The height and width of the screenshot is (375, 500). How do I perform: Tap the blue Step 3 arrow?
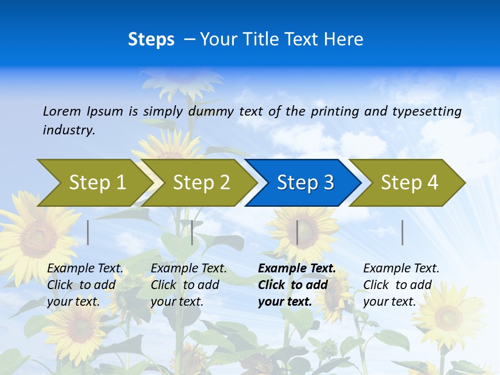(305, 183)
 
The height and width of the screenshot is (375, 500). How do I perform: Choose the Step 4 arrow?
(409, 183)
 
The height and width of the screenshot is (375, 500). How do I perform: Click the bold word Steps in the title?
(151, 40)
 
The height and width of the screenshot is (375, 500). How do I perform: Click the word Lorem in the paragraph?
(63, 111)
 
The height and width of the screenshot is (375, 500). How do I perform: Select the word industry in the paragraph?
(69, 130)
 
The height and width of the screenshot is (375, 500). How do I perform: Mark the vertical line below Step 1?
(88, 232)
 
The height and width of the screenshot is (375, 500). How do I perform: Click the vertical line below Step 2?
(192, 232)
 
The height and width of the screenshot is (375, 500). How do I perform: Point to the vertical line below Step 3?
(297, 232)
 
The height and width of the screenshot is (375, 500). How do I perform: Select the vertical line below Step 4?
(403, 232)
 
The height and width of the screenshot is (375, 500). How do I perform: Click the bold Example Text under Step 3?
(297, 269)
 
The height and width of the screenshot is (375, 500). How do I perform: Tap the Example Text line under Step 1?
(85, 269)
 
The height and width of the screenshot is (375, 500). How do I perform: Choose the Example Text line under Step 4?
(401, 269)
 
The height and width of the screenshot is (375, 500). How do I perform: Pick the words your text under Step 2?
(177, 302)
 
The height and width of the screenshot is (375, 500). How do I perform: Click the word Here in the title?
(344, 40)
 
